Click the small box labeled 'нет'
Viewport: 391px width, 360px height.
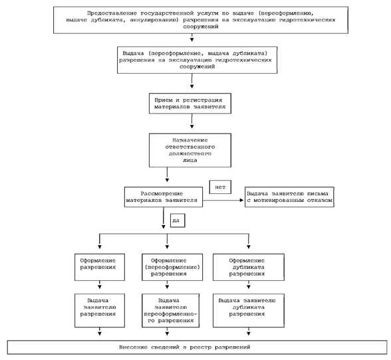click(x=220, y=187)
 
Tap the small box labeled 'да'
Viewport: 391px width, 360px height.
click(x=178, y=221)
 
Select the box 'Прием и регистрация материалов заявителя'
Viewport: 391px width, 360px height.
click(x=190, y=104)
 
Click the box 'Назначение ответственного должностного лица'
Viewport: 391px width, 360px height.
click(x=190, y=150)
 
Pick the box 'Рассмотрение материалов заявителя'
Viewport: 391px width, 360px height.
click(x=164, y=197)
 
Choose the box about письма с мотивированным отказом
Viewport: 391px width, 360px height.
click(x=289, y=197)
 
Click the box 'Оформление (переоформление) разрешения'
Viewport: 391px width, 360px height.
click(x=172, y=267)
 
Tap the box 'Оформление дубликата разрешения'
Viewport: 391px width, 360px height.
click(x=249, y=267)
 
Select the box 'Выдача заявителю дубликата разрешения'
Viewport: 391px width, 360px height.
click(x=249, y=310)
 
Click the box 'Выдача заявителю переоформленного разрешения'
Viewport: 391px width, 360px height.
click(x=170, y=310)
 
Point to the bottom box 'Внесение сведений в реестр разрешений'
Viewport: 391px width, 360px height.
click(x=197, y=347)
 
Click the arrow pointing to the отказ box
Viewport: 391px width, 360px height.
click(x=223, y=200)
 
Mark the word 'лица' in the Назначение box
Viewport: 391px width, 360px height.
click(x=190, y=161)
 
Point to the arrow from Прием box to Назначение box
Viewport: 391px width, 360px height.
click(x=192, y=121)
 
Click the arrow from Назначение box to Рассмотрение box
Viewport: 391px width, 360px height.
click(x=167, y=175)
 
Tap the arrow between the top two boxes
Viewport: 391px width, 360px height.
click(x=192, y=37)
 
